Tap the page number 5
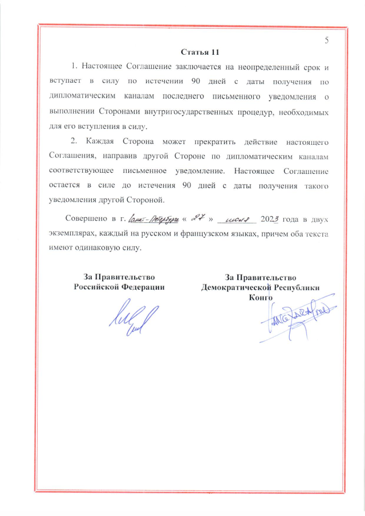[327, 40]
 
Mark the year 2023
[269, 219]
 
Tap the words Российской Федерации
[119, 287]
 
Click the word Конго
[261, 297]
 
